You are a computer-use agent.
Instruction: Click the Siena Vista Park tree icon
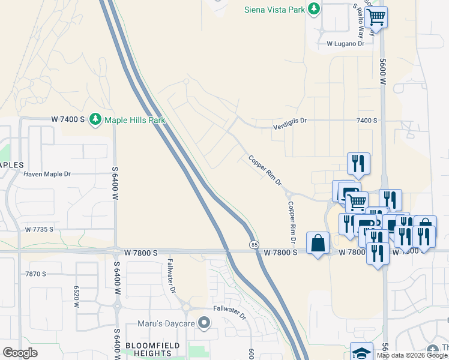click(313, 9)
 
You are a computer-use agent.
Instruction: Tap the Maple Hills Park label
click(134, 120)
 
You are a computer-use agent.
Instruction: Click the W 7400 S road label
click(68, 120)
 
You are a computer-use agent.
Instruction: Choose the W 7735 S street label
click(39, 229)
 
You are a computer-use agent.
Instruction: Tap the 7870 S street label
click(36, 274)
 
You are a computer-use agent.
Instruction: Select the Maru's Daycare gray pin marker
click(205, 324)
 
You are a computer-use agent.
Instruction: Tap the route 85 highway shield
click(254, 244)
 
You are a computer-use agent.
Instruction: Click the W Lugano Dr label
click(345, 44)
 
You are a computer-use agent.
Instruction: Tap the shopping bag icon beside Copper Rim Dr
click(318, 244)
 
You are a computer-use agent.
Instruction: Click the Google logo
click(20, 353)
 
